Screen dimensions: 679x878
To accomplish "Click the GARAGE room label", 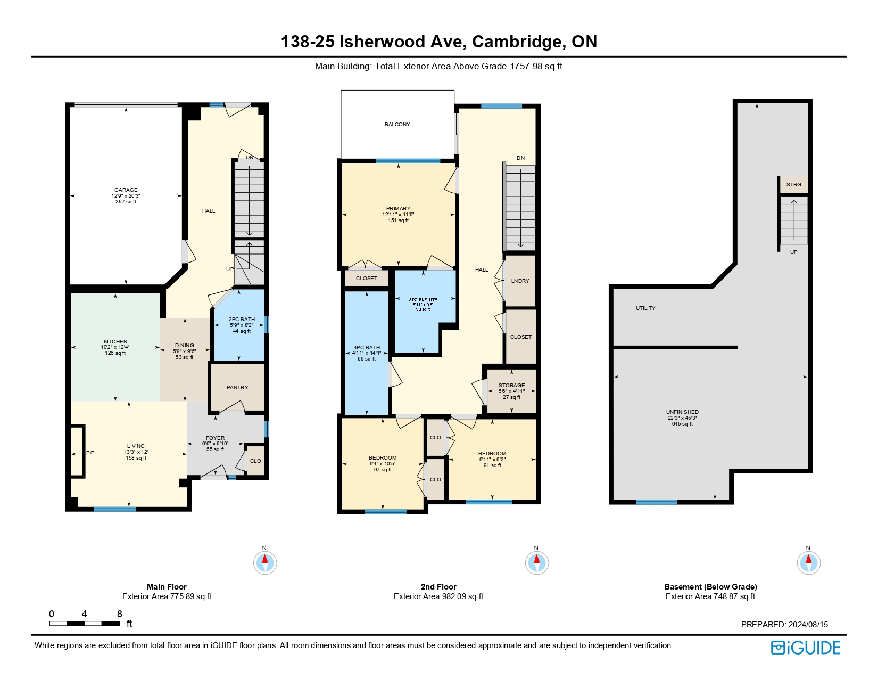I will coord(126,190).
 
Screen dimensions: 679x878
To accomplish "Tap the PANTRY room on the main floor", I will coord(237,388).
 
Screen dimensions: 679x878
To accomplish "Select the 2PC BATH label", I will coord(242,320).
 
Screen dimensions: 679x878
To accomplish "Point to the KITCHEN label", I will coord(115,342).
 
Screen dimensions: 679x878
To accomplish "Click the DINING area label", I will coord(185,346).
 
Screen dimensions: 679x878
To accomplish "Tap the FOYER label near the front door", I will coord(215,438).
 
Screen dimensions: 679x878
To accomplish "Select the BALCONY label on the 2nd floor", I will coord(397,125).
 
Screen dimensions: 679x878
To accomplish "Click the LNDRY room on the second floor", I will coord(520,281).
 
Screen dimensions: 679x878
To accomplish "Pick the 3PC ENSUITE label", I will coord(424,300).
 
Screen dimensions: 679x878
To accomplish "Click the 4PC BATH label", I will coord(367,348).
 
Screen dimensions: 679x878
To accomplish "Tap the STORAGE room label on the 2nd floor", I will coord(511,386).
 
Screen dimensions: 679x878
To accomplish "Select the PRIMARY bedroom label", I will coord(399,209).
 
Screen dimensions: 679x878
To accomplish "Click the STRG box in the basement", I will coord(793,185).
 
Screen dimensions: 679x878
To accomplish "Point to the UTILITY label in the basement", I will coord(645,308).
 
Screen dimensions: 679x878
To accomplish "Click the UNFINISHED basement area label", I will coord(682,412).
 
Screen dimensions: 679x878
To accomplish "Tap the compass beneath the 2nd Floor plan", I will coord(536,562).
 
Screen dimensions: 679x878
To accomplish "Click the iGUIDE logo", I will coord(806,648).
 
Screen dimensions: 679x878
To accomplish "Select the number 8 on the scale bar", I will coord(120,614).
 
